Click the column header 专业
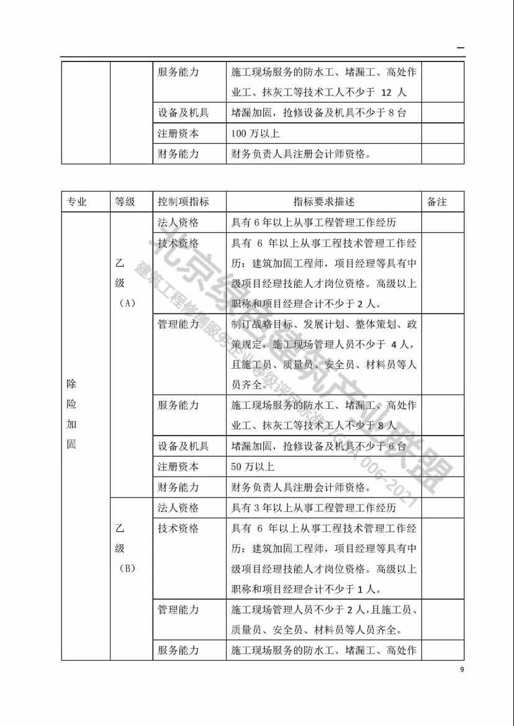coord(77,202)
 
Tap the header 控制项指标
coord(183,202)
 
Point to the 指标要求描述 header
coord(323,202)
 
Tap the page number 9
coord(461,669)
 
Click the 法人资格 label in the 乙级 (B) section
coord(178,508)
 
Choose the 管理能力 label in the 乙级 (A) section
coord(178,324)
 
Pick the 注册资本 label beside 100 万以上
coord(178,133)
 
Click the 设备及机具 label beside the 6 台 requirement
coord(183,446)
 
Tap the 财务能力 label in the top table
coord(178,154)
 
